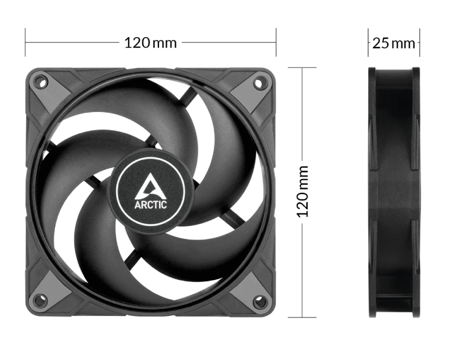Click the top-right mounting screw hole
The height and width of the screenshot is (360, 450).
258,83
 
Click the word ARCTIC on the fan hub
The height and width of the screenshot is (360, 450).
151,205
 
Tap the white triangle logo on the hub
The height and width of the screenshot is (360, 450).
151,187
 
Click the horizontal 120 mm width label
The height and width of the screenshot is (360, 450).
151,43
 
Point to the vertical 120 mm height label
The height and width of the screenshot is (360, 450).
302,192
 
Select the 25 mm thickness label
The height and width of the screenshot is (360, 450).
393,43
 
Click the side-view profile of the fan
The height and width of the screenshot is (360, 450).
394,193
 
